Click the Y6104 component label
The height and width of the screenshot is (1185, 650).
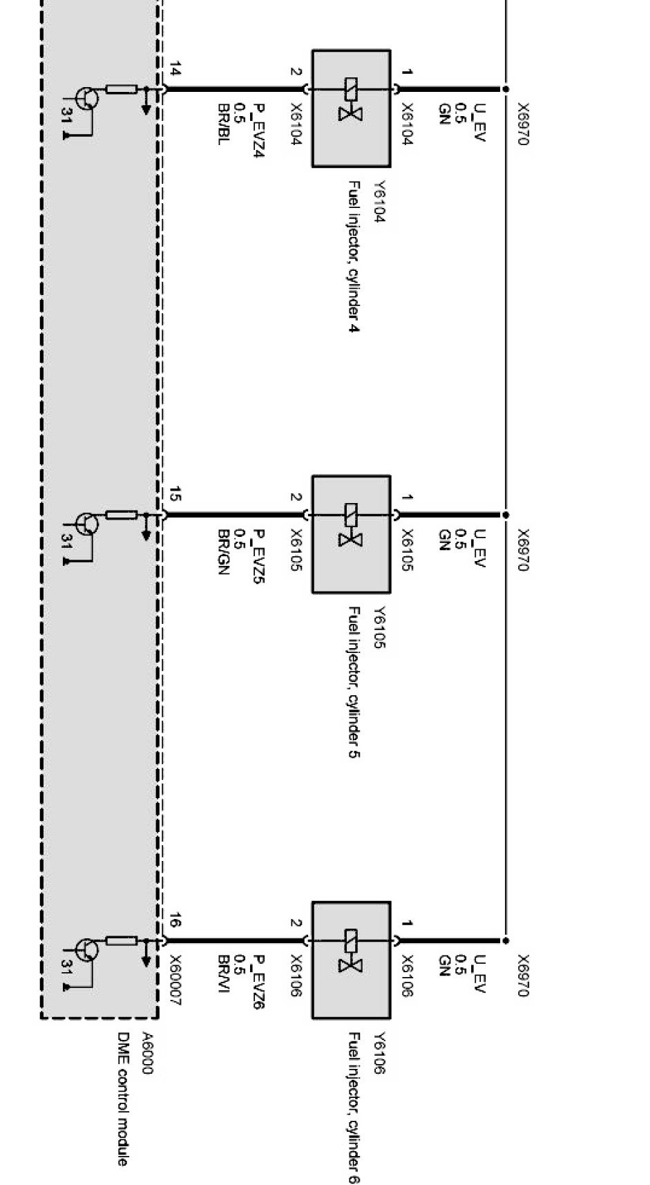[x=379, y=202]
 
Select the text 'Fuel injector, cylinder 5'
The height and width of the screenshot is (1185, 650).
[x=353, y=682]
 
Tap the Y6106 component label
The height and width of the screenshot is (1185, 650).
[x=379, y=1053]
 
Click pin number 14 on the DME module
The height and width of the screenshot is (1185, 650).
[x=175, y=68]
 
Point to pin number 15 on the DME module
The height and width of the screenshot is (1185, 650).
[x=175, y=494]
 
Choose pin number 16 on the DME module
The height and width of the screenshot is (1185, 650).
[x=175, y=920]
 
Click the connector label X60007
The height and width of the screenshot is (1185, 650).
[x=175, y=980]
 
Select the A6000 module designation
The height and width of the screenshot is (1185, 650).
[x=146, y=1054]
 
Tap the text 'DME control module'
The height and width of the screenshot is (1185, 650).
[x=122, y=1099]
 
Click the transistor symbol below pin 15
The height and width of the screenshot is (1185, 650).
[x=86, y=524]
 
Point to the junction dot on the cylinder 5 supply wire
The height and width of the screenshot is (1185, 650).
[x=506, y=515]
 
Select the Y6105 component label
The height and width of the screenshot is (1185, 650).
[x=379, y=627]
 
